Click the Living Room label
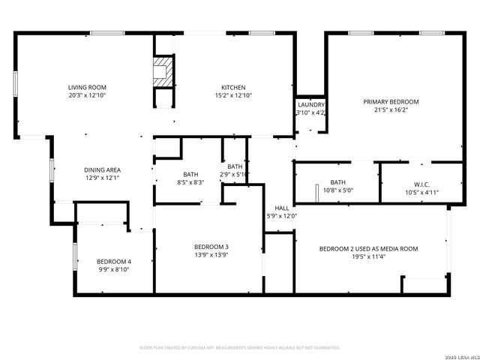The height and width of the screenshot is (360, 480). click(87, 88)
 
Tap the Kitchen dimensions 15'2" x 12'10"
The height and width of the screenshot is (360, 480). click(233, 96)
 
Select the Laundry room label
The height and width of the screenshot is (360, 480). click(310, 105)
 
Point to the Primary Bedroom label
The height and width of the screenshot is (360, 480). click(391, 101)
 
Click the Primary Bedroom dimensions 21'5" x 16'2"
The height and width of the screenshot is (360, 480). click(391, 109)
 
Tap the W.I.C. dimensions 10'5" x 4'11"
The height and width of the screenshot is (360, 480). click(421, 192)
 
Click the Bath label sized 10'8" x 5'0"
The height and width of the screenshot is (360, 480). click(337, 182)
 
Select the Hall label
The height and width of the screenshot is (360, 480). click(281, 208)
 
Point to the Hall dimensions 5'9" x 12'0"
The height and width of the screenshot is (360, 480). click(281, 216)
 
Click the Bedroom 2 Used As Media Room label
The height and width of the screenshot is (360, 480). click(368, 248)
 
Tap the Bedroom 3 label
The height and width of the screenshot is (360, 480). click(211, 247)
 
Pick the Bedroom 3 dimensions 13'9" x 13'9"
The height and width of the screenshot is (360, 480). click(211, 255)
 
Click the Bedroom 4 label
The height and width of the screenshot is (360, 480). click(114, 261)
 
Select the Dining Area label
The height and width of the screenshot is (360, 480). click(102, 169)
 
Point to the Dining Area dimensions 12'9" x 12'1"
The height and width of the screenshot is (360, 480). click(102, 178)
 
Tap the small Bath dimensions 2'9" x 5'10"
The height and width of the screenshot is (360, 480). click(235, 175)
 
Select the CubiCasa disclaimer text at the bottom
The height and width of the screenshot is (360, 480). click(240, 348)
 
